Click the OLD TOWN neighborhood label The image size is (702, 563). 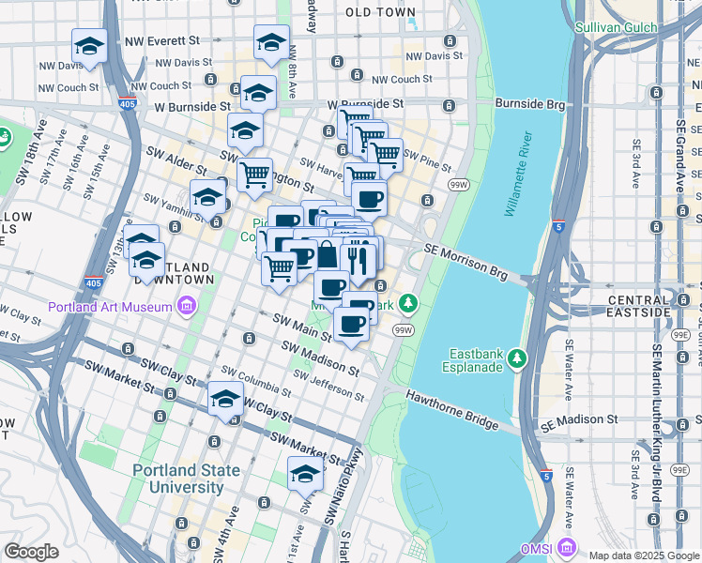380,12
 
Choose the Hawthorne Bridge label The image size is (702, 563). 452,411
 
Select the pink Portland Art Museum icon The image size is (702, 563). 187,306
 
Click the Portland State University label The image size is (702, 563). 178,479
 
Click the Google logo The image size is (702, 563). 31,552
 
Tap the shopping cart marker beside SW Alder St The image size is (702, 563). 254,175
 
